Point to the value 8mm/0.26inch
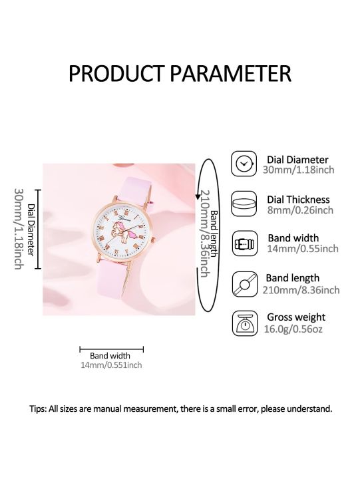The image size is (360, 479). [299, 210]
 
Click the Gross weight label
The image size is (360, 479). [296, 317]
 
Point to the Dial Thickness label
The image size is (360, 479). [298, 199]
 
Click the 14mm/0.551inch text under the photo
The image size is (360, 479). [111, 365]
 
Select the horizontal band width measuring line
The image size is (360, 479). [111, 348]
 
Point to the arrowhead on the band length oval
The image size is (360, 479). [198, 195]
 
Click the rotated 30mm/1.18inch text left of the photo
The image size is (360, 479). [18, 228]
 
